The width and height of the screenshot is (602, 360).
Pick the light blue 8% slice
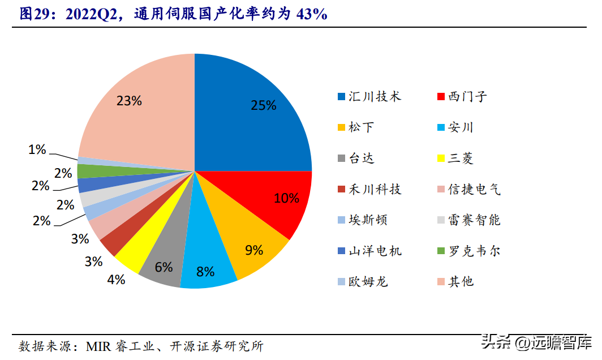tap(207, 266)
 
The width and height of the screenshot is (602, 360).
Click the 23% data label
tap(128, 101)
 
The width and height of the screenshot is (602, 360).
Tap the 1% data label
tap(37, 149)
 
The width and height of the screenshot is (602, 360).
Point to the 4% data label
tap(115, 280)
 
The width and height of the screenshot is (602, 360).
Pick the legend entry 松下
tap(361, 127)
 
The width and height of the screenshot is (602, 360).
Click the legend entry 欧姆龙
tap(368, 281)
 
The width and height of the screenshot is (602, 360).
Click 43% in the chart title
tap(312, 14)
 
